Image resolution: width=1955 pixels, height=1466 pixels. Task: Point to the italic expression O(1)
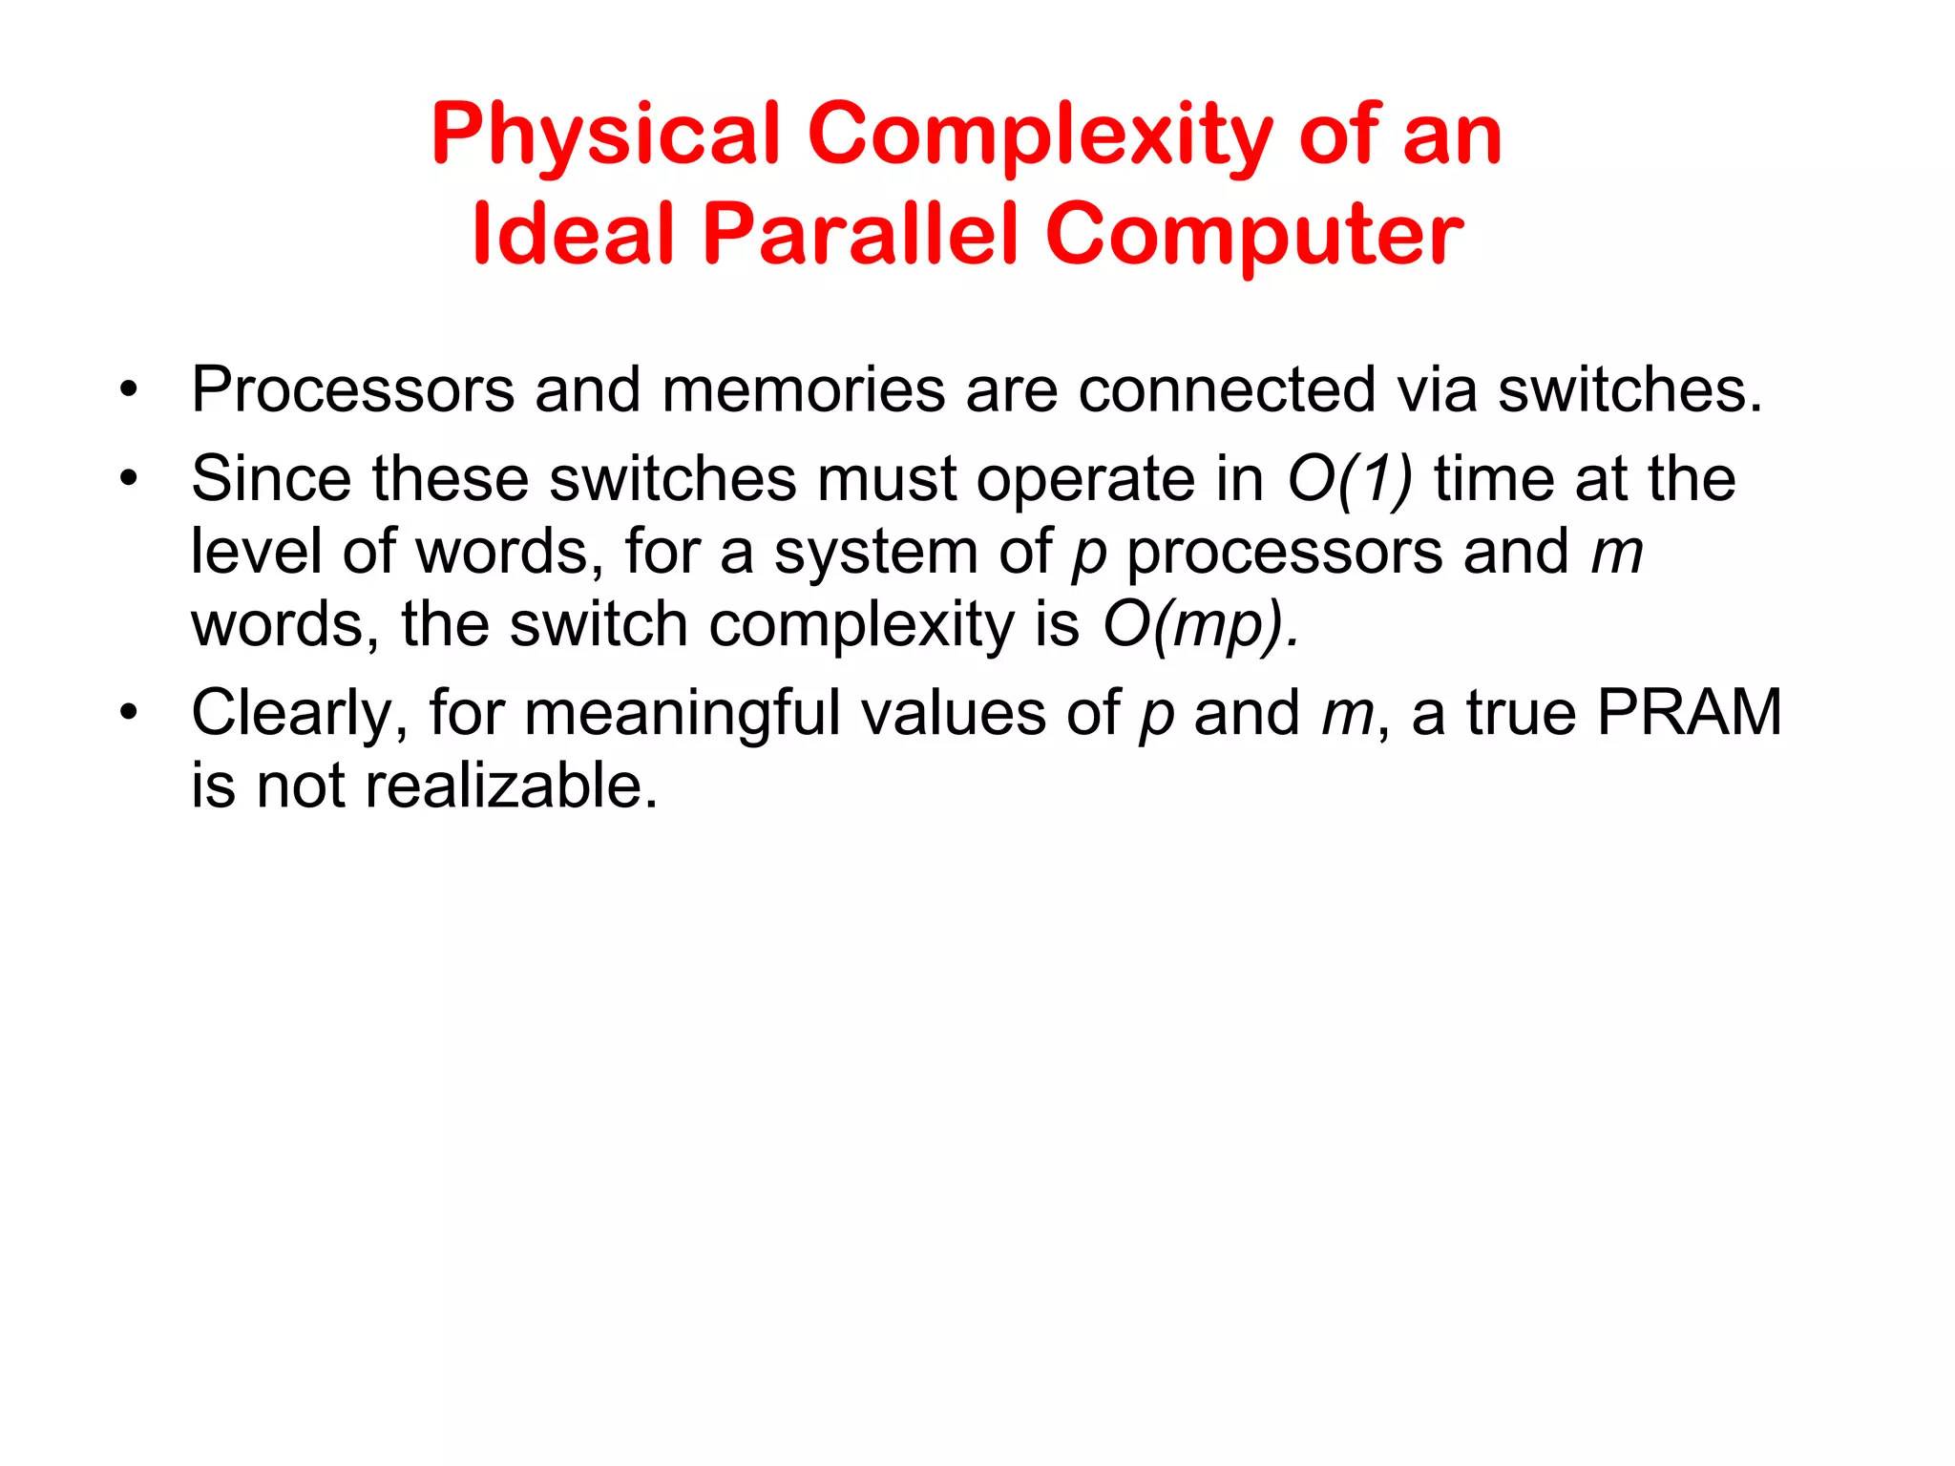tap(1349, 478)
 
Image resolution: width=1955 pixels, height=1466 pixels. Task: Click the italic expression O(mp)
tap(1201, 625)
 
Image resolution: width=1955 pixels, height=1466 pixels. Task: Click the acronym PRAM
tap(1690, 712)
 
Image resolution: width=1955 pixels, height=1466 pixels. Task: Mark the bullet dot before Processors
tap(129, 390)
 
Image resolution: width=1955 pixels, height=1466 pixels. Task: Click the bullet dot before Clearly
tap(129, 713)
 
